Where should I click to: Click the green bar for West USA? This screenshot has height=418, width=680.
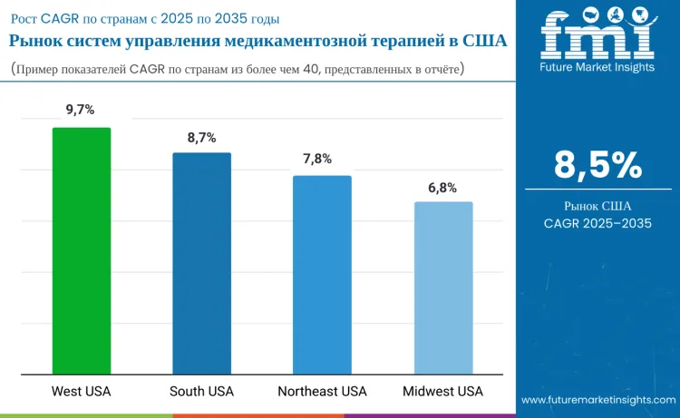[82, 250]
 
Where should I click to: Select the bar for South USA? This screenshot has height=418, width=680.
[202, 263]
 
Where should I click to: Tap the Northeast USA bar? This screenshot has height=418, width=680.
[322, 274]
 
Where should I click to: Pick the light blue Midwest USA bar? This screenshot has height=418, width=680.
[443, 287]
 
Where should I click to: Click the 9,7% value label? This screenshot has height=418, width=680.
[81, 110]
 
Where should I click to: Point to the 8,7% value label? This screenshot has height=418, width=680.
[201, 137]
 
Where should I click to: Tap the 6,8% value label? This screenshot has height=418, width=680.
[442, 188]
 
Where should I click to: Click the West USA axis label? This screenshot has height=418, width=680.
[82, 392]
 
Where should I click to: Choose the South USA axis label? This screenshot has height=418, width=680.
[201, 392]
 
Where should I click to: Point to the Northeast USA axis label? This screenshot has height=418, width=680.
[322, 392]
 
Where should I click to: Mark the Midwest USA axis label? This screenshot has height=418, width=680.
[442, 392]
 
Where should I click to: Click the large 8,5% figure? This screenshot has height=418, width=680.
[597, 165]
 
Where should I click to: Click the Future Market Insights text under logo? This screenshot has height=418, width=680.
[597, 67]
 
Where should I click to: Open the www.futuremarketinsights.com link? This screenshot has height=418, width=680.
[597, 400]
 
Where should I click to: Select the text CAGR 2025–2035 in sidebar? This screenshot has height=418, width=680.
[597, 223]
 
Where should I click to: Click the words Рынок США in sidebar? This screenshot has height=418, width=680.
[597, 206]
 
